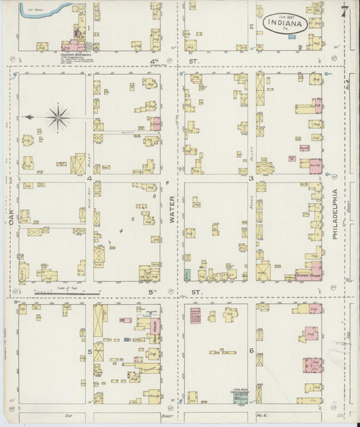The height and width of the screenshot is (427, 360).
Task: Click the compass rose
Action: click(x=58, y=118)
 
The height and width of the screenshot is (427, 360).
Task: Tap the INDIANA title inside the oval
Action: click(x=285, y=23)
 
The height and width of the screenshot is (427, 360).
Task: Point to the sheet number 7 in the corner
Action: click(x=344, y=11)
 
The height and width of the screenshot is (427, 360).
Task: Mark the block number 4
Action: click(x=89, y=178)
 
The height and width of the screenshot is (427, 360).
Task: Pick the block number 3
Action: click(x=251, y=178)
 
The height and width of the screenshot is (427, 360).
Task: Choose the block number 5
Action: click(x=89, y=352)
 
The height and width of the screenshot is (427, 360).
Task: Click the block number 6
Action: click(x=251, y=351)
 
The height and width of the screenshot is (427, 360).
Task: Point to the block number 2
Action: click(x=251, y=26)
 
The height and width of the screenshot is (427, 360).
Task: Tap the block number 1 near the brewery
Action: click(x=88, y=28)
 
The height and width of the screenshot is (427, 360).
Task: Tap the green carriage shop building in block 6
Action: click(x=238, y=399)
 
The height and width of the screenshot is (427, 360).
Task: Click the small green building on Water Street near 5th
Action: click(x=186, y=276)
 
